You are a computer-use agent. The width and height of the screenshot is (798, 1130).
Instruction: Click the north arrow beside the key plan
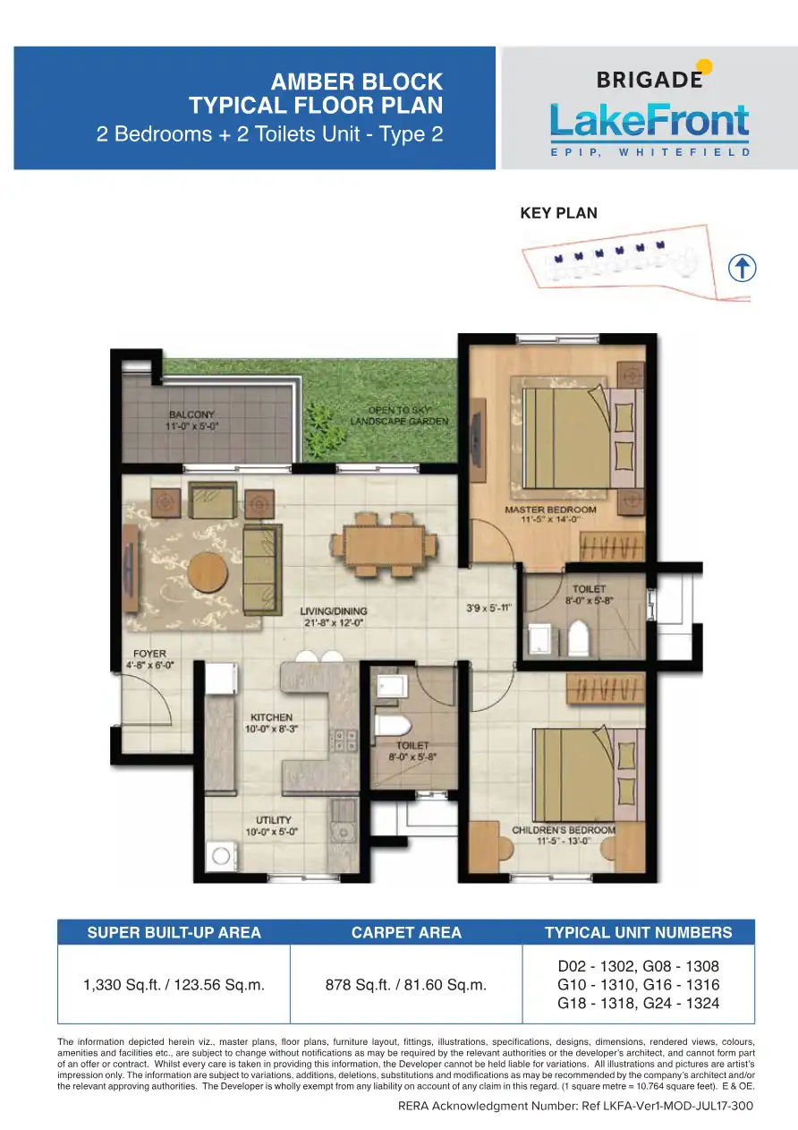(x=742, y=268)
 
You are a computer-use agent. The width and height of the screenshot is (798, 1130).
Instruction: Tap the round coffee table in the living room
(x=208, y=572)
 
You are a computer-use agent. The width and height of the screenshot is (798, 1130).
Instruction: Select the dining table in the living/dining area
(x=385, y=544)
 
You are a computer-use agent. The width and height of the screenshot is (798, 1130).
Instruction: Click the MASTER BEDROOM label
(x=550, y=509)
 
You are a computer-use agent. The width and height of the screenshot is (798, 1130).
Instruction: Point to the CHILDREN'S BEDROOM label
(x=564, y=830)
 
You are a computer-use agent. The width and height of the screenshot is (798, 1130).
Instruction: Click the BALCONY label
(x=191, y=415)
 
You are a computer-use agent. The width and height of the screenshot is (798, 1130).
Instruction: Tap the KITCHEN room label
(x=272, y=717)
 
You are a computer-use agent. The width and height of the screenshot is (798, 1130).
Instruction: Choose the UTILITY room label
(x=273, y=820)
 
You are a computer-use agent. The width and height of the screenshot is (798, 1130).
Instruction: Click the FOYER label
(x=149, y=654)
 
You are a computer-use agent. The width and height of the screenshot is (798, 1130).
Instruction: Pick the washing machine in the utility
(x=222, y=855)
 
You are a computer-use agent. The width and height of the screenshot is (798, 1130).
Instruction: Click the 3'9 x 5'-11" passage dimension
(x=488, y=608)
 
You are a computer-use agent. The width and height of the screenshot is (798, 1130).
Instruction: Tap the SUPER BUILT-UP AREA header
(x=174, y=932)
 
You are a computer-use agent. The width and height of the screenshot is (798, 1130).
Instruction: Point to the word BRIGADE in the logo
(x=649, y=80)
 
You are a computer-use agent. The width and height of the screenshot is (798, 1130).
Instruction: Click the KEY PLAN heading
(x=558, y=213)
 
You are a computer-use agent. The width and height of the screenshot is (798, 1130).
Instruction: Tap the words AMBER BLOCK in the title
(x=357, y=81)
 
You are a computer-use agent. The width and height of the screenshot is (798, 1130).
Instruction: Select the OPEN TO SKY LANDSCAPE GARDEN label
(x=399, y=415)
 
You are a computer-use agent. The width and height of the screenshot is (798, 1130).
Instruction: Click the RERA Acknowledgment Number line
(x=576, y=1106)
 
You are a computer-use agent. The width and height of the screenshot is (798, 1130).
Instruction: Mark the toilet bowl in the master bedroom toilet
(x=579, y=638)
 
